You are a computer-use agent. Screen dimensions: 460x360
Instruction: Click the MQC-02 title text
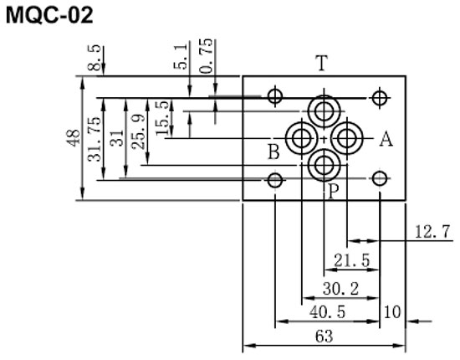click(49, 15)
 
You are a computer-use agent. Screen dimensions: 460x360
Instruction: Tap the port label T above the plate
click(321, 63)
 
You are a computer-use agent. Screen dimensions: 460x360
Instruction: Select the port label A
click(386, 139)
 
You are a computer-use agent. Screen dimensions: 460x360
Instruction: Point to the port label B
click(273, 152)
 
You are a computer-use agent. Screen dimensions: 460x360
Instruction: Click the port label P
click(334, 192)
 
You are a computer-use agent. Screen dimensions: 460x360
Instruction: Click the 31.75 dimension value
click(95, 139)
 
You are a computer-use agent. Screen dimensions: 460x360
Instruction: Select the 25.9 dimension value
click(138, 131)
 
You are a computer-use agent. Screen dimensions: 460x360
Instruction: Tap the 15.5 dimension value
click(162, 118)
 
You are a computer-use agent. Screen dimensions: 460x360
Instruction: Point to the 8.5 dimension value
click(94, 58)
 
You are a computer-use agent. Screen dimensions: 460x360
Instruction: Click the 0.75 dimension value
click(206, 56)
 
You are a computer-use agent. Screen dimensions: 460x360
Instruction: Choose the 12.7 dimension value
click(432, 232)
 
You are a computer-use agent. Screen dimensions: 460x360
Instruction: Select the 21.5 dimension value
click(352, 260)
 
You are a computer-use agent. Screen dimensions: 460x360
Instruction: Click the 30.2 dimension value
click(340, 289)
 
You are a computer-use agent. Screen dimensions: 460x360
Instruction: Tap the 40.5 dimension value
click(327, 311)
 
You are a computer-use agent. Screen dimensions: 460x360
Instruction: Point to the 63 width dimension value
click(325, 337)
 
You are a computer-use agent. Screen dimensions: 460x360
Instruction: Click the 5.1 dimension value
click(180, 56)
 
